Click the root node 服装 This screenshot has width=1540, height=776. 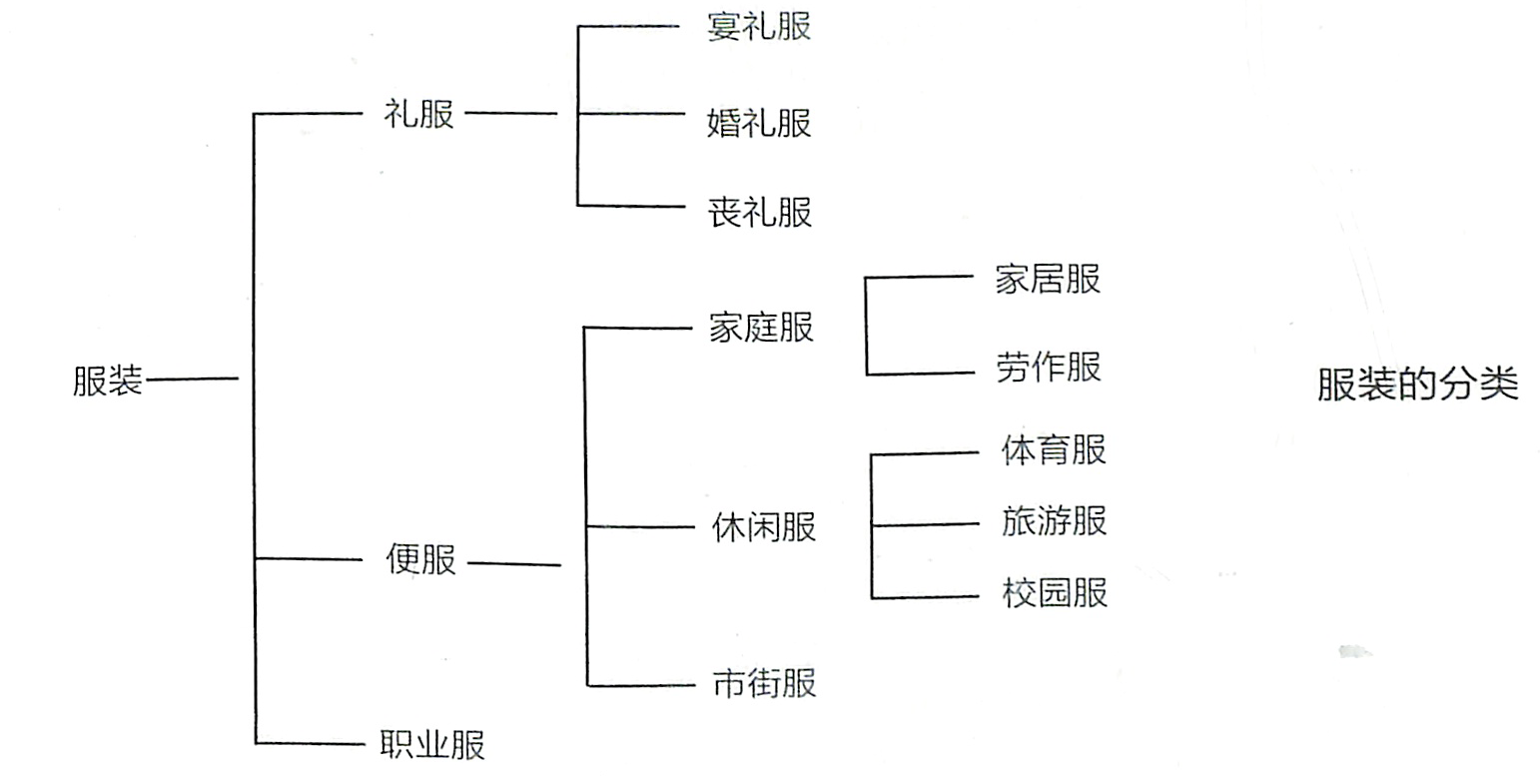(x=108, y=382)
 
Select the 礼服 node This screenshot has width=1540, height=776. (x=419, y=114)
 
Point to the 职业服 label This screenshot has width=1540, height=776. (x=431, y=745)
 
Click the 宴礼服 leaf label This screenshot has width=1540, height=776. (x=759, y=26)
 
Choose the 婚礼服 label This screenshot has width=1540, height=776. (x=759, y=123)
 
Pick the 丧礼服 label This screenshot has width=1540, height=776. (x=759, y=212)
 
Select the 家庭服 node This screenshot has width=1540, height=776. (x=761, y=327)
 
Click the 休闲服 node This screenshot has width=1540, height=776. (x=764, y=526)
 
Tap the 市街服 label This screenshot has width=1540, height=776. (x=764, y=684)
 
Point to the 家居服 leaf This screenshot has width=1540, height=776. (x=1048, y=279)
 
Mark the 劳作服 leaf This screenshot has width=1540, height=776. (x=1048, y=367)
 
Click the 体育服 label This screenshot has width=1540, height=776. (x=1054, y=450)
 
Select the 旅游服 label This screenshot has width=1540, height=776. (x=1054, y=521)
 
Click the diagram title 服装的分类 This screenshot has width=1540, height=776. (x=1417, y=385)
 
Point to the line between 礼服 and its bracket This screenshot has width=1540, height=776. (x=511, y=114)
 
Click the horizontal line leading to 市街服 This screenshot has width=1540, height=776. (x=639, y=684)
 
